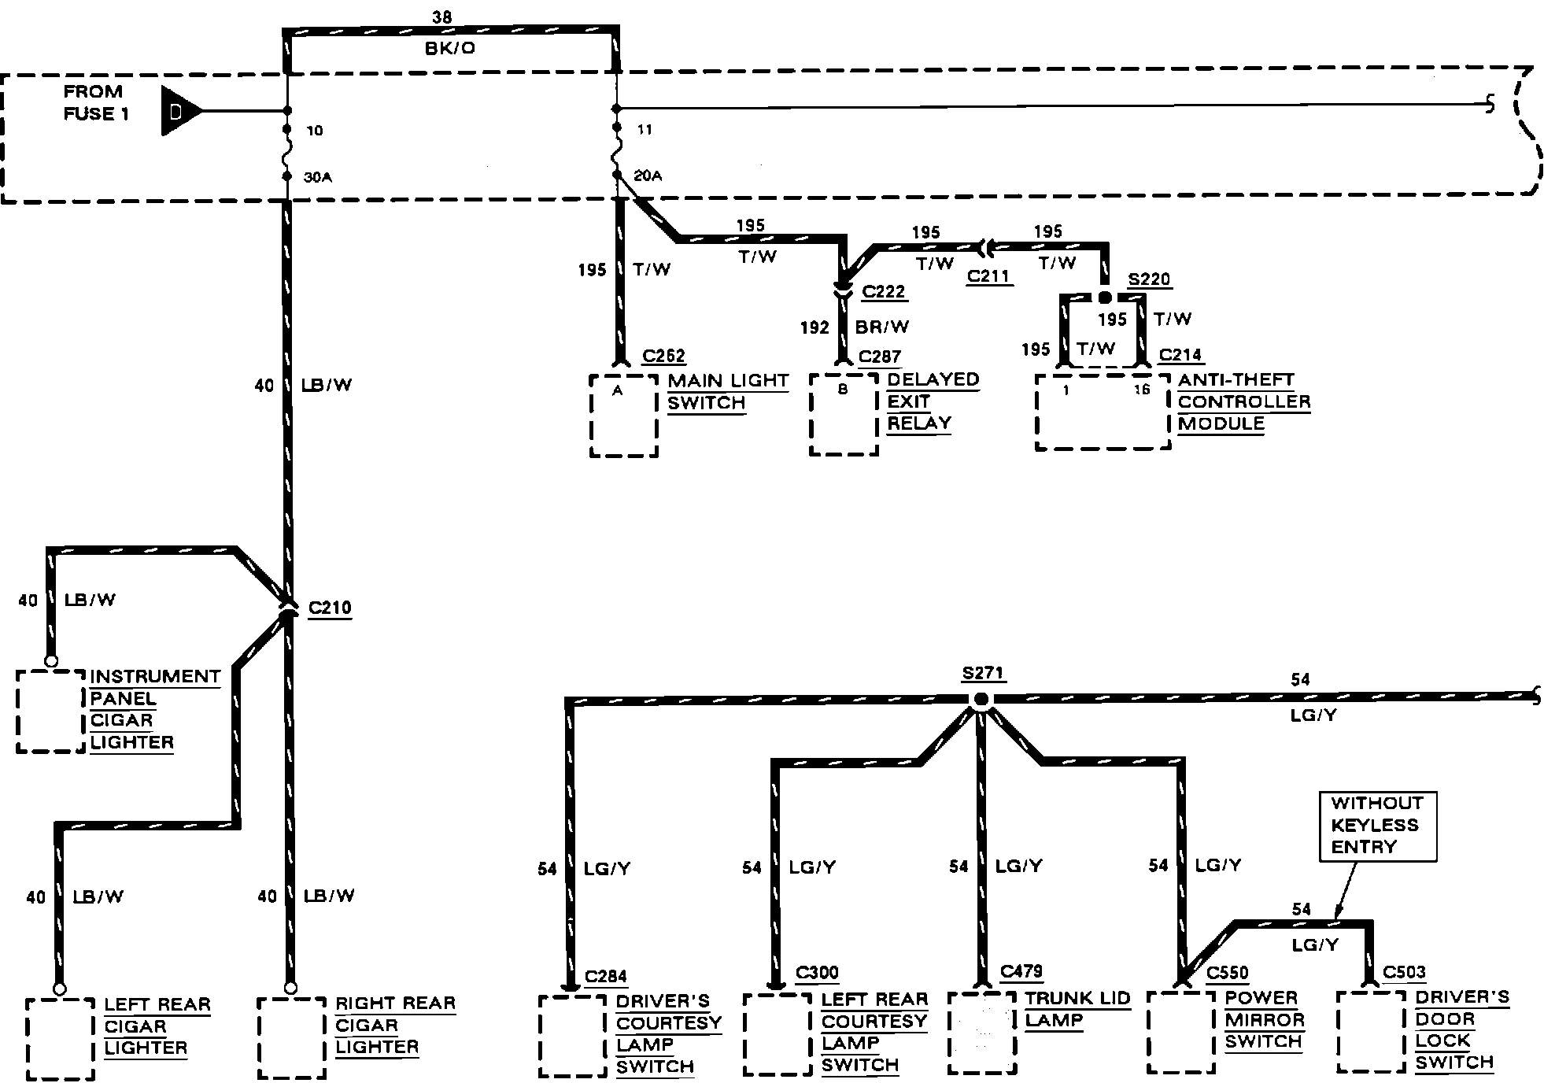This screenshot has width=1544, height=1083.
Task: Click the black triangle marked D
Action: tap(176, 111)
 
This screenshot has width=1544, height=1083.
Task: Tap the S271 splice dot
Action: tap(981, 699)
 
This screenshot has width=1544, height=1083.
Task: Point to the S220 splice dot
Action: tap(1104, 298)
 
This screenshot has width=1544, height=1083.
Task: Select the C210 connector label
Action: tap(330, 608)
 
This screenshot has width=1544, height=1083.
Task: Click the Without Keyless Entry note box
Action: tap(1376, 826)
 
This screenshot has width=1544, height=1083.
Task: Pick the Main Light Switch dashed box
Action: tap(623, 415)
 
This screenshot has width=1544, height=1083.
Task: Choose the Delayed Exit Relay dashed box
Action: tap(844, 415)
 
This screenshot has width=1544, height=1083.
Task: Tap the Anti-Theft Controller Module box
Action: tap(1103, 412)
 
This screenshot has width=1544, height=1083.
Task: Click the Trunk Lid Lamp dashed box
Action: tap(981, 1032)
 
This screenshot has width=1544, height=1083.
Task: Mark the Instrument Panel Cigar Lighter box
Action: tap(50, 711)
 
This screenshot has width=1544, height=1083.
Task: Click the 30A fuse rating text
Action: tap(318, 178)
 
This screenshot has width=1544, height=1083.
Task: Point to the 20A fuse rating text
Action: tap(648, 176)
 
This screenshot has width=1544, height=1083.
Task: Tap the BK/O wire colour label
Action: tap(450, 48)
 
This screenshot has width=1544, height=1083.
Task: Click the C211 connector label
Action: tap(989, 277)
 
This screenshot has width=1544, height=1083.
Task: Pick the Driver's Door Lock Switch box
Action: tap(1370, 1032)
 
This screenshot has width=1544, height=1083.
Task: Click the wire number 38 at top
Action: tap(442, 17)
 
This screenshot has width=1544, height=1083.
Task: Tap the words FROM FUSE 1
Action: tap(94, 102)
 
